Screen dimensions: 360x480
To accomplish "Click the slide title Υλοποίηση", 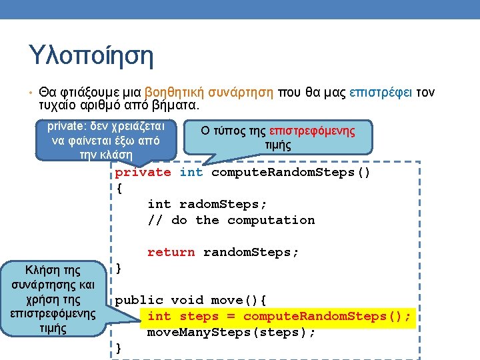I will tap(91, 55).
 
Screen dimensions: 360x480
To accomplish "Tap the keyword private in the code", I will tap(143, 173).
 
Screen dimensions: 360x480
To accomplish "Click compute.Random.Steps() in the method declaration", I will tap(291, 173).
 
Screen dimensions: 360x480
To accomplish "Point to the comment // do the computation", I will tap(231, 220).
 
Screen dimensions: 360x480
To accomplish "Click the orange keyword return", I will tap(171, 252).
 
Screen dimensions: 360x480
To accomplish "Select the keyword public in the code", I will tap(139, 300).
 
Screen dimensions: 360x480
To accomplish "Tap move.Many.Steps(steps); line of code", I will tap(231, 332).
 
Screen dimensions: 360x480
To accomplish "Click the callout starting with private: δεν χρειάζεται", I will tap(105, 140).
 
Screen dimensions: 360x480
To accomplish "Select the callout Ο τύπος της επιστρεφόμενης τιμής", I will tap(278, 137).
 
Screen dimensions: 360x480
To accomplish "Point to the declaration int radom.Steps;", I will tap(207, 204).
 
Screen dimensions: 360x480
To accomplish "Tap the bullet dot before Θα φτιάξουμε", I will tap(31, 93).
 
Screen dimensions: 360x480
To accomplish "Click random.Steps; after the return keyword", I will tap(251, 252).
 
